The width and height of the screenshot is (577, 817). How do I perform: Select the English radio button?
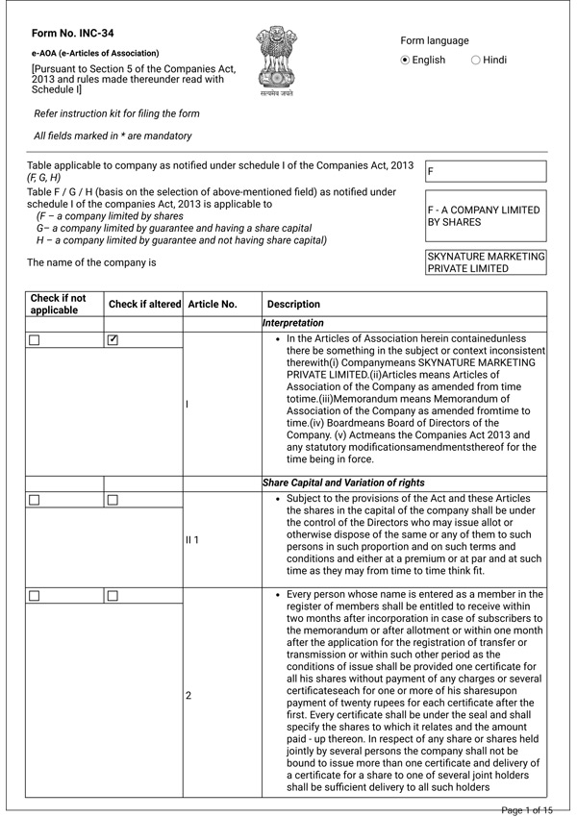tap(406, 60)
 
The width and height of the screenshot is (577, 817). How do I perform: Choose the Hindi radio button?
tap(476, 60)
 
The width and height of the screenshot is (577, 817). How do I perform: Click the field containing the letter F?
tap(486, 171)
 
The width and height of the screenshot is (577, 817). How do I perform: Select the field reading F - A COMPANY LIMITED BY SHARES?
tap(486, 216)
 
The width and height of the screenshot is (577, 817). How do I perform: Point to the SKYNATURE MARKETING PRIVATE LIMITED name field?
tap(486, 262)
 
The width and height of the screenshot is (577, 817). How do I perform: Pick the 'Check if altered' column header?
tap(144, 304)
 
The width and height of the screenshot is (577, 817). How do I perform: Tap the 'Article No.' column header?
tap(213, 304)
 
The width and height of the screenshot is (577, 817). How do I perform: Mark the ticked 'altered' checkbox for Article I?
tap(113, 339)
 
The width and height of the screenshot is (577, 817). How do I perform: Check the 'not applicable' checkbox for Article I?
tap(35, 340)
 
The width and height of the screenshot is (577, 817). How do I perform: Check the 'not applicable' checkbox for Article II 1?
tap(35, 500)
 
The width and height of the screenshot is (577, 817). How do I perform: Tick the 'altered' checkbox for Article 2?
tap(113, 596)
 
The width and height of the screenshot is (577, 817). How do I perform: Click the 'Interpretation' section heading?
tap(293, 324)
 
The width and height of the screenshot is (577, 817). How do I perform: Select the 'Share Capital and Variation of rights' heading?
tap(344, 483)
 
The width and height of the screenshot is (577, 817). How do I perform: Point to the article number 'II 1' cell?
tap(192, 540)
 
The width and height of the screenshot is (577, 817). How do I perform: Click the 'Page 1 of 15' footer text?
tap(527, 810)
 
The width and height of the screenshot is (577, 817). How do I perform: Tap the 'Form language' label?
tap(435, 40)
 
